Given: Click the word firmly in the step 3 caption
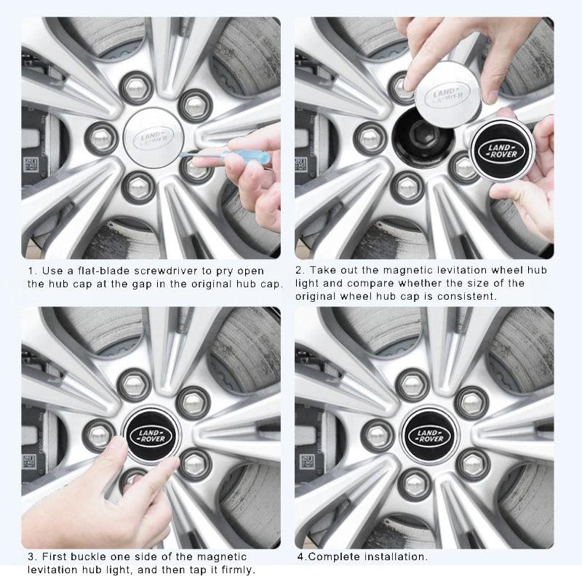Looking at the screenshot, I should tap(234, 570).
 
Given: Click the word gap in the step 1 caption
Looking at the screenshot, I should tap(141, 284).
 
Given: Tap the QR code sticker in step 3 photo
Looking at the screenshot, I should tap(29, 461).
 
